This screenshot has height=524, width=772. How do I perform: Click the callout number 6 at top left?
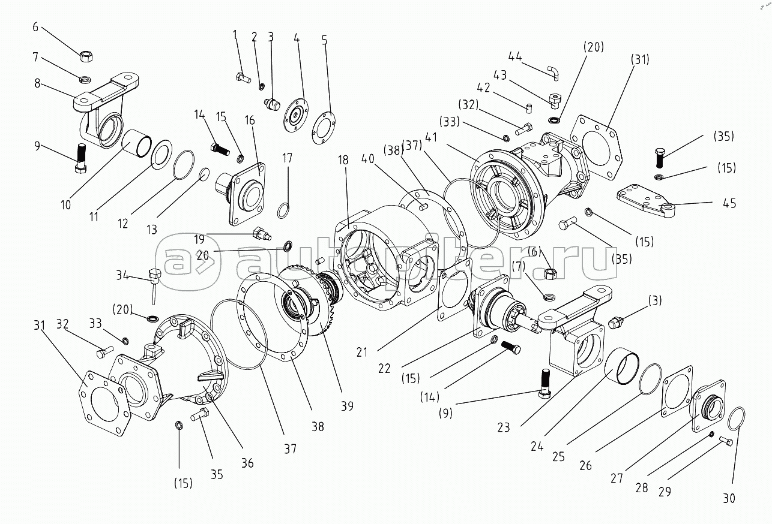[x=35, y=26]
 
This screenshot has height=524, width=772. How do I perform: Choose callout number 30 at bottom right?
[x=728, y=498]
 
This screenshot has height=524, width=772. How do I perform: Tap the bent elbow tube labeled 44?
[x=552, y=73]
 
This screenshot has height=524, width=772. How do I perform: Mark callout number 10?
[x=65, y=204]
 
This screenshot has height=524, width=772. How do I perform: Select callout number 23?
[x=503, y=427]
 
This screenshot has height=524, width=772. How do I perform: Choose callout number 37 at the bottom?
[x=291, y=448]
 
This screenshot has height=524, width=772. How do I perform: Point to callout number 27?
[x=617, y=478]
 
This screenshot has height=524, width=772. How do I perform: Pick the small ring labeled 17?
[x=284, y=210]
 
